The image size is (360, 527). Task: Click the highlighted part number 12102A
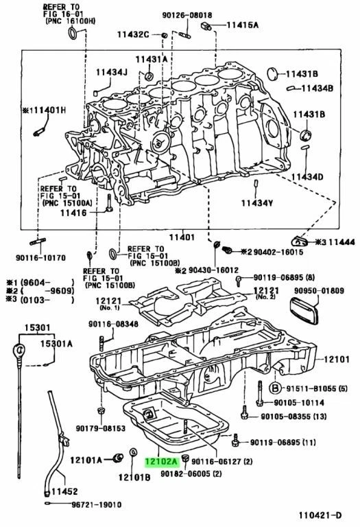[x=160, y=462]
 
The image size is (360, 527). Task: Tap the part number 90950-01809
[x=319, y=291]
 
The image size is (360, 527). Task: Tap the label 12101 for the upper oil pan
[x=337, y=359]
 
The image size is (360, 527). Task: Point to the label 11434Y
[x=257, y=202]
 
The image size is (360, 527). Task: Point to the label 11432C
[x=135, y=34]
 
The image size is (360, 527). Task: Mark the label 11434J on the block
[x=111, y=72]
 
